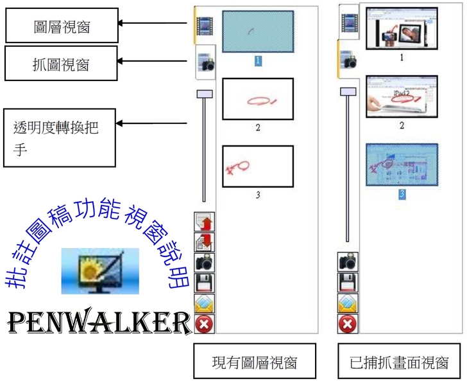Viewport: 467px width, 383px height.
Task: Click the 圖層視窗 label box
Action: (62, 25)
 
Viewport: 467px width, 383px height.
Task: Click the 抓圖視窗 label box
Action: (62, 63)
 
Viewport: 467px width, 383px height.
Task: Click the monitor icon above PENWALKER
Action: (99, 271)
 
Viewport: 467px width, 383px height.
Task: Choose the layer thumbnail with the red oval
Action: (258, 99)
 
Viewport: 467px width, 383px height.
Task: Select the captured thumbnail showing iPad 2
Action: (402, 97)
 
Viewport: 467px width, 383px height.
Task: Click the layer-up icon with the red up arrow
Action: (205, 222)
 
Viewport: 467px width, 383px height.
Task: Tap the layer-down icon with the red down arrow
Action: (205, 242)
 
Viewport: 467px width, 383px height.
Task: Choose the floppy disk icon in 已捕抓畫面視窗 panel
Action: (347, 282)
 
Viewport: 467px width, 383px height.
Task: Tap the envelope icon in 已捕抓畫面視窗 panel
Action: (347, 303)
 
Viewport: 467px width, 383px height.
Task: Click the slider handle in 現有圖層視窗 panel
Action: (205, 94)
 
